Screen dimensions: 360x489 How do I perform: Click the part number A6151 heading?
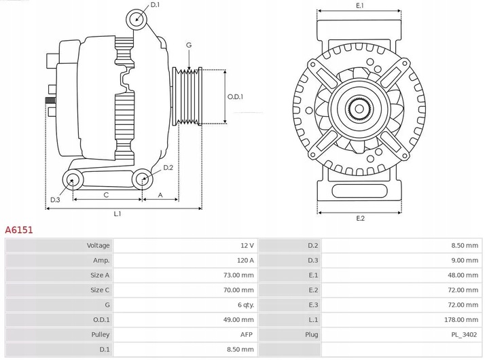(19, 230)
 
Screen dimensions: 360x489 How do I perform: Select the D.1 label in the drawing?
(155, 5)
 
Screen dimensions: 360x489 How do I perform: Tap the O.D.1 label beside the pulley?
(234, 96)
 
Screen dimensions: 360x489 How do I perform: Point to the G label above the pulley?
(188, 45)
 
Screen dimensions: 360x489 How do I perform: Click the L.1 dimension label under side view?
(117, 214)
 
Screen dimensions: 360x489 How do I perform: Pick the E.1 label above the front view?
(359, 5)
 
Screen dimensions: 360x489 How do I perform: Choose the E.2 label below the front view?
(360, 218)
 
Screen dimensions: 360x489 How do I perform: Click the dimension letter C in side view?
(106, 195)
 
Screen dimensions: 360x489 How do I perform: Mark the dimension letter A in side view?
(160, 195)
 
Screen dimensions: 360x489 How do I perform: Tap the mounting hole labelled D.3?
(72, 180)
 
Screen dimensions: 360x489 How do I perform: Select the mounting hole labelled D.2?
(142, 180)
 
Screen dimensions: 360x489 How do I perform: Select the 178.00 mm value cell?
(461, 319)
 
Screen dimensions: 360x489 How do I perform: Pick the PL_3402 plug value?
(464, 334)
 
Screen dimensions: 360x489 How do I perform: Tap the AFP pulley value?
(247, 334)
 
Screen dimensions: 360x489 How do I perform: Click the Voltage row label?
(98, 245)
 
